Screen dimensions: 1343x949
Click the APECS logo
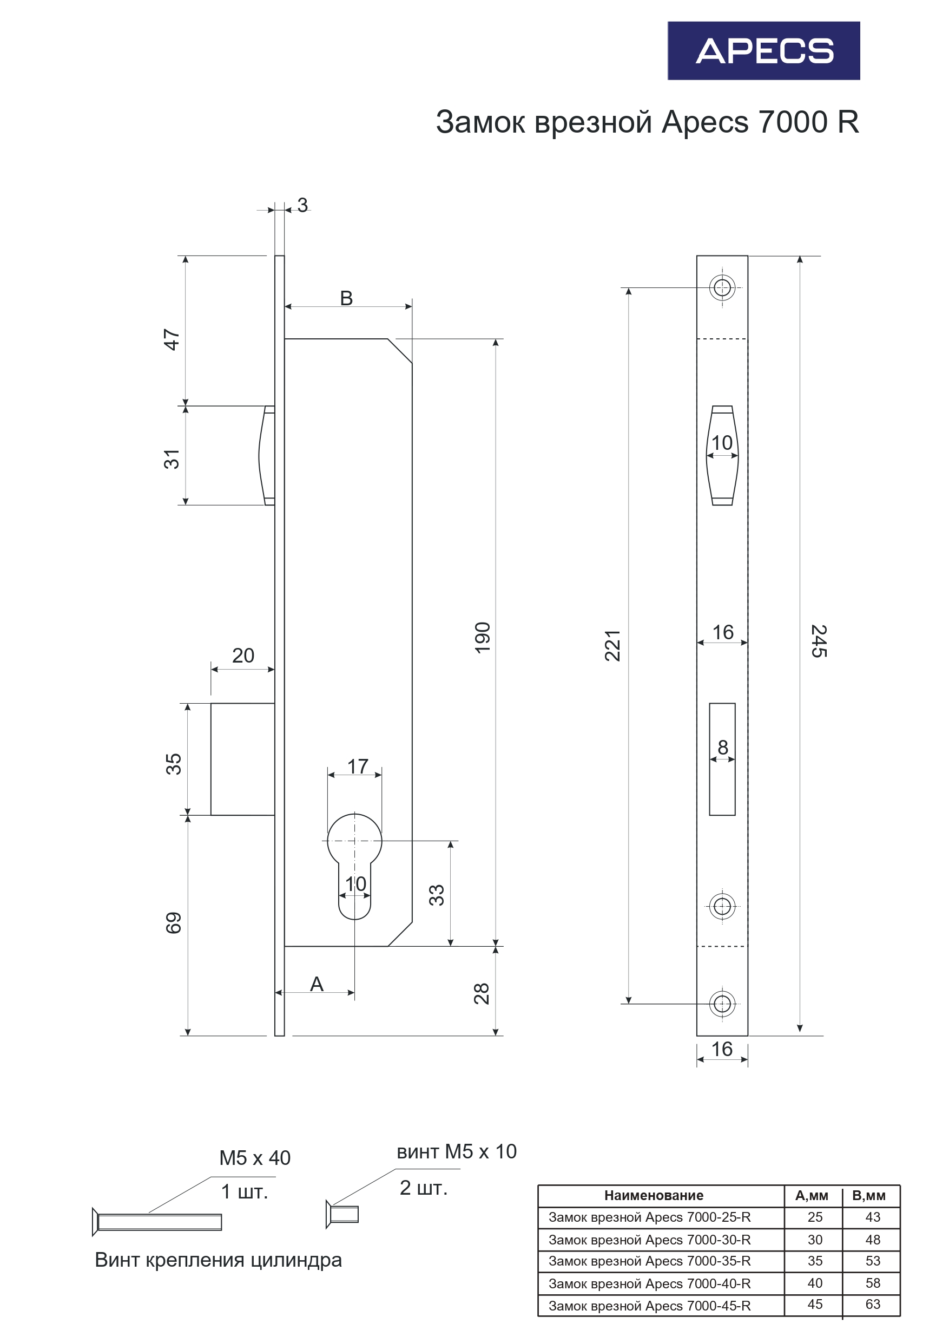tap(763, 51)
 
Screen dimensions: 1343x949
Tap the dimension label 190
tap(483, 638)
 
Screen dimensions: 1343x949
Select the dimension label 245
tap(819, 640)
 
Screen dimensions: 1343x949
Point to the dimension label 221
tap(612, 646)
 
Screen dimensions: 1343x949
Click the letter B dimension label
tap(346, 298)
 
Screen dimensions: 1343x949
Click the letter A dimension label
tap(317, 985)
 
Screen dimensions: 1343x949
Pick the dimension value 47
tap(172, 339)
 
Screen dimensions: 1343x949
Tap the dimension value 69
tap(174, 923)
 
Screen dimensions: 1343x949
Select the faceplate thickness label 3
tap(302, 205)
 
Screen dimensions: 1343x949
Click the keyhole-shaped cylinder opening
tap(354, 860)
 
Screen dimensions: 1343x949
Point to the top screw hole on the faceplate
tap(722, 288)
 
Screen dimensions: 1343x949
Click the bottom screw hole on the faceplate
tap(722, 1004)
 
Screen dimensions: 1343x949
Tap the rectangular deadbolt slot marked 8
tap(722, 759)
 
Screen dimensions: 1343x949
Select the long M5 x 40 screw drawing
tap(158, 1222)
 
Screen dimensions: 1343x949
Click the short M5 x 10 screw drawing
tap(342, 1214)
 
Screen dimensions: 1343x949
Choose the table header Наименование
tap(653, 1196)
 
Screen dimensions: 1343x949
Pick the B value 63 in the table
tap(872, 1304)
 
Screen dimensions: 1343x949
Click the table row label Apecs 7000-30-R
tap(649, 1240)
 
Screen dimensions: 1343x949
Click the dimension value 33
tap(437, 895)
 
